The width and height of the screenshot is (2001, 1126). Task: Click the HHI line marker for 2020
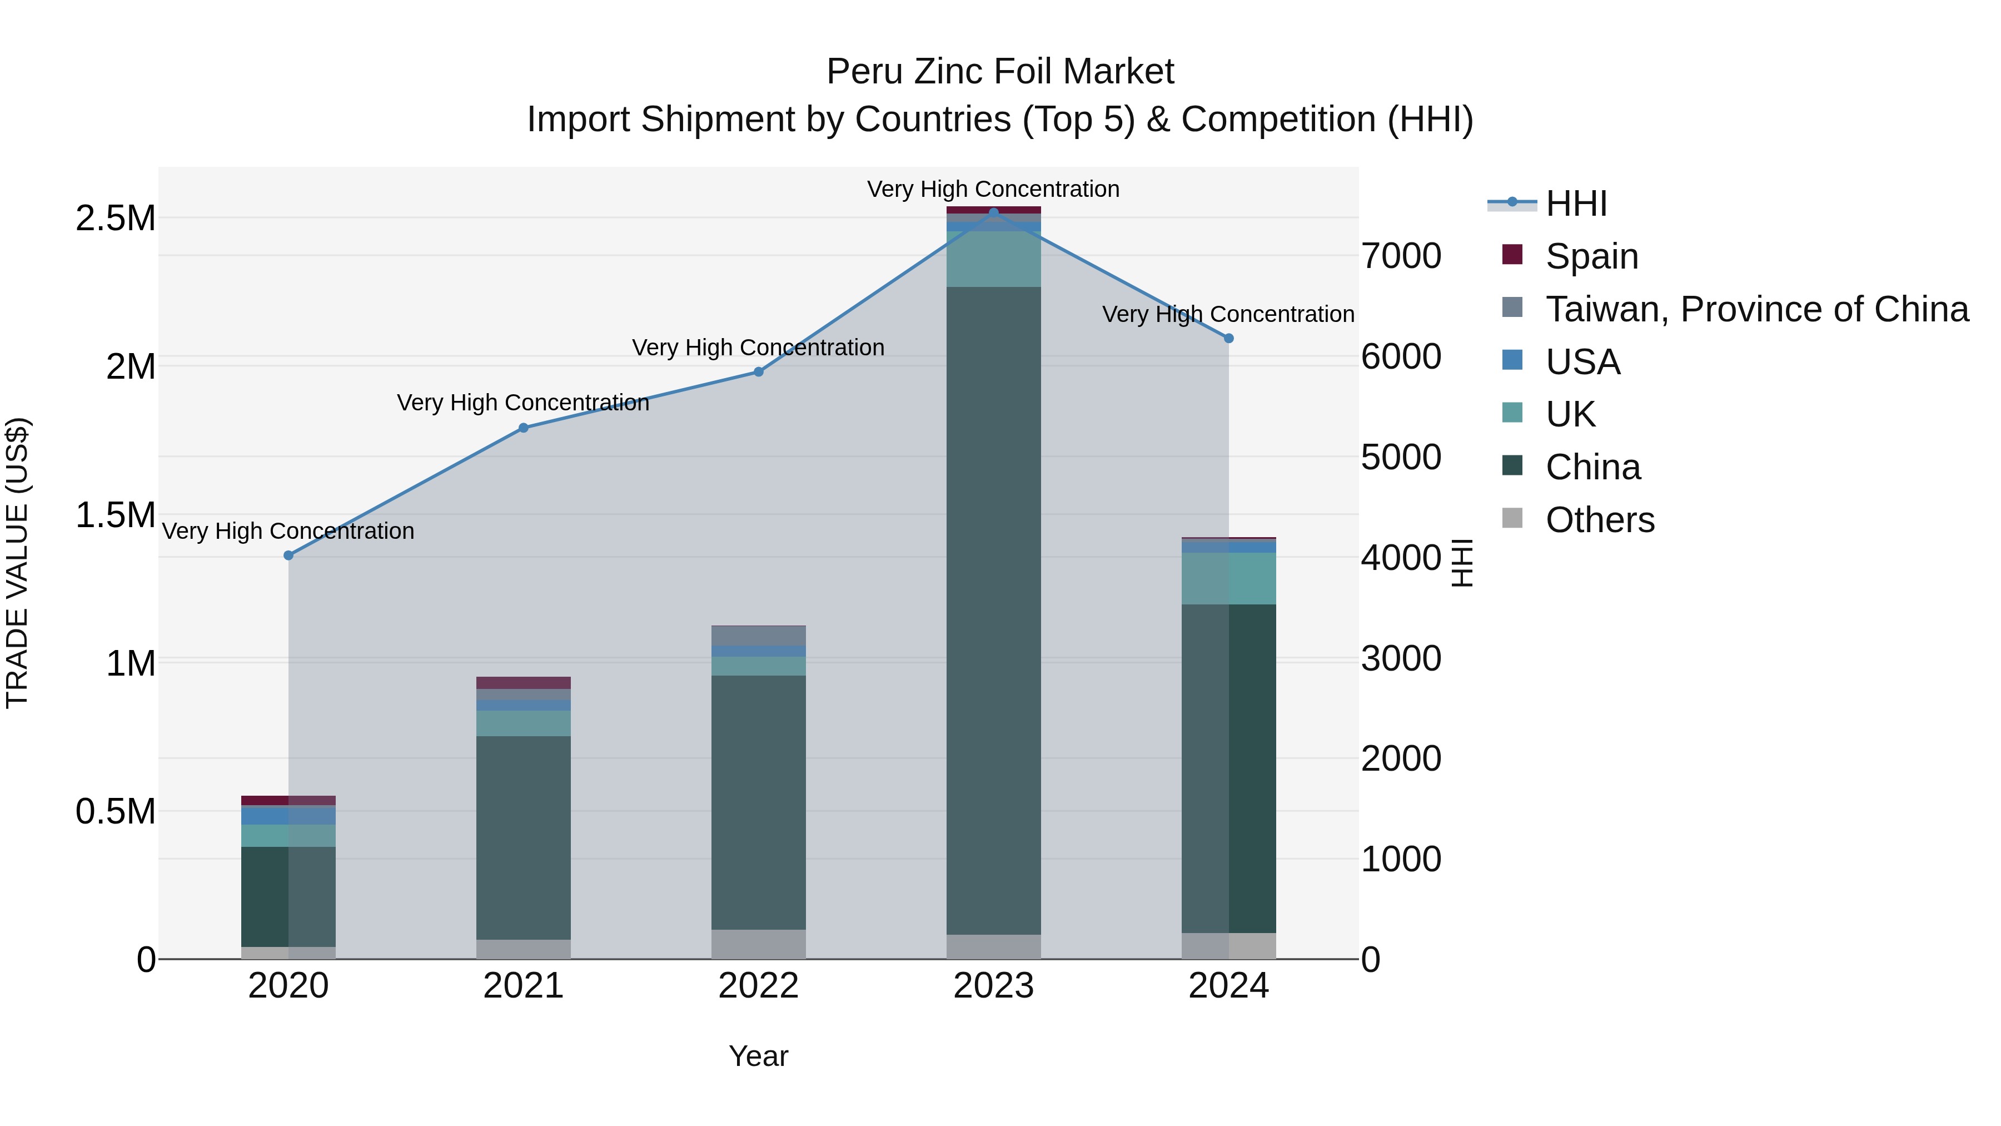click(288, 555)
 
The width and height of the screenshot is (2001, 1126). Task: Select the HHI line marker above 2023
click(993, 212)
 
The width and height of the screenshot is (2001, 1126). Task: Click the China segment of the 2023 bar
click(993, 610)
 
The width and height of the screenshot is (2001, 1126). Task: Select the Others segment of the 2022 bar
click(758, 944)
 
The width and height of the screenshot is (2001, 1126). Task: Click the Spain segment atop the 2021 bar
click(524, 682)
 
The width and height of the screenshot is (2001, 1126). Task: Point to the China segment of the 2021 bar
click(524, 838)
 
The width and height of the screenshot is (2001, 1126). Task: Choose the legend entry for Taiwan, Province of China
click(1755, 309)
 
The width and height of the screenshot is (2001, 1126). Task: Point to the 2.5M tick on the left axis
click(115, 219)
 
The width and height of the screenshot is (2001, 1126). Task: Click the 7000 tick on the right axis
click(1401, 256)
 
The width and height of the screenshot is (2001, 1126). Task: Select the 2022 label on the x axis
click(758, 986)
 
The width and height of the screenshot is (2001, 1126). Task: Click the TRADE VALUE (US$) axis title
click(18, 563)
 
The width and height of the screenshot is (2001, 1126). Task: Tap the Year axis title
click(758, 1056)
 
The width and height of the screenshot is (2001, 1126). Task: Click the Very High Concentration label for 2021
click(523, 403)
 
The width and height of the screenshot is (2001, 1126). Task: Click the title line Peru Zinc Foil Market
click(1000, 72)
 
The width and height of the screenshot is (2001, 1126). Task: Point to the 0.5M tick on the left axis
click(115, 811)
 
